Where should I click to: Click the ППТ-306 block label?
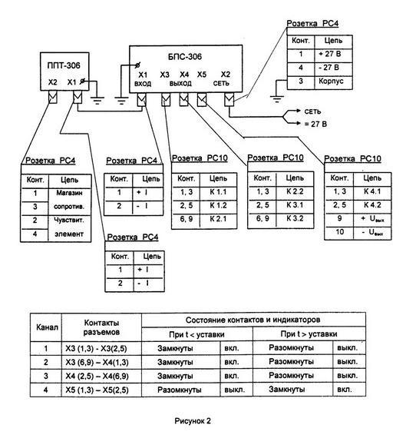coord(64,65)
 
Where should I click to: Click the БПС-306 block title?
coord(185,57)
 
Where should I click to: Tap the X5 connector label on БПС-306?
coord(202,75)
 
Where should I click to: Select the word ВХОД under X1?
coord(143,84)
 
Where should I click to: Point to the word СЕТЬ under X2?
coord(221,84)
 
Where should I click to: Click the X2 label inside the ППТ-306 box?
coord(52,82)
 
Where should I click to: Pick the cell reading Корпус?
coord(331,81)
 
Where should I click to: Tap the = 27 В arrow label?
coord(315,124)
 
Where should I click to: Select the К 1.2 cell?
coord(218,205)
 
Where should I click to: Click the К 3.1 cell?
coord(295,205)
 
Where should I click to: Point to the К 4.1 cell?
coord(372,191)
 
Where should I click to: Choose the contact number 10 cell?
coord(339,232)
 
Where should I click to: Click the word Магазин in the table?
coord(69,193)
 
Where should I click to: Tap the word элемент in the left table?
coord(69,234)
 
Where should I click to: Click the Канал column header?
coord(47,327)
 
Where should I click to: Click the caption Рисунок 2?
coord(193,421)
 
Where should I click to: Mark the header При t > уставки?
coord(309,334)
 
